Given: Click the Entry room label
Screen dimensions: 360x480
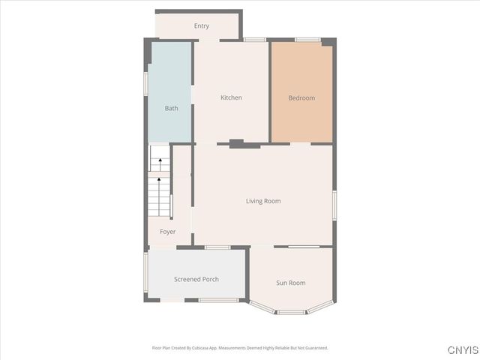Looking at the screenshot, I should point(201,26).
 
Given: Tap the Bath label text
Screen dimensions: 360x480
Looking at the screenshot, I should point(172,108).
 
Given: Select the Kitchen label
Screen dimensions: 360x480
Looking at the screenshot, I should point(231,97).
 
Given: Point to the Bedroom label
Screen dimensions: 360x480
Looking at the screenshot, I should point(301,97).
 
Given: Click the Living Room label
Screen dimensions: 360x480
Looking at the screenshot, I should point(263,200).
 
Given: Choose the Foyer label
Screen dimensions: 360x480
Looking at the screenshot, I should point(167,232).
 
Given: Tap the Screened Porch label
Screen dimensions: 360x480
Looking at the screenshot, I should point(196,279).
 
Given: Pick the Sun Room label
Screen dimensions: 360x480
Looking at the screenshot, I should point(291,283).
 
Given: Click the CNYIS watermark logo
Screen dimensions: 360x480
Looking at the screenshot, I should point(462,350).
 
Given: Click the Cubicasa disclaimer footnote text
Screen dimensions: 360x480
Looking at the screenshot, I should point(240,348).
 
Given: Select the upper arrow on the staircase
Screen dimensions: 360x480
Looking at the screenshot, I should point(159,160).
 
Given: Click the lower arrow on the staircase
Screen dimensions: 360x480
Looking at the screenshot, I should point(159,181).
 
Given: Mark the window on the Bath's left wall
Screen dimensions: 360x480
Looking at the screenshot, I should point(145,82).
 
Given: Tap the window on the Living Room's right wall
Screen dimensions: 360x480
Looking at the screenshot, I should point(334,205).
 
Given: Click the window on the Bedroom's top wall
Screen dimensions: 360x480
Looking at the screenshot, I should point(307,40).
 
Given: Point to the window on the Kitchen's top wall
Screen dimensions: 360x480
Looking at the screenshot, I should point(254,40).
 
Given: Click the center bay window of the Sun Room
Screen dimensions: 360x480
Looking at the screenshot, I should point(291,311).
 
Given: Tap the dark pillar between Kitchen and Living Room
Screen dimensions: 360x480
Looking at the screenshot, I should point(236,143).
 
